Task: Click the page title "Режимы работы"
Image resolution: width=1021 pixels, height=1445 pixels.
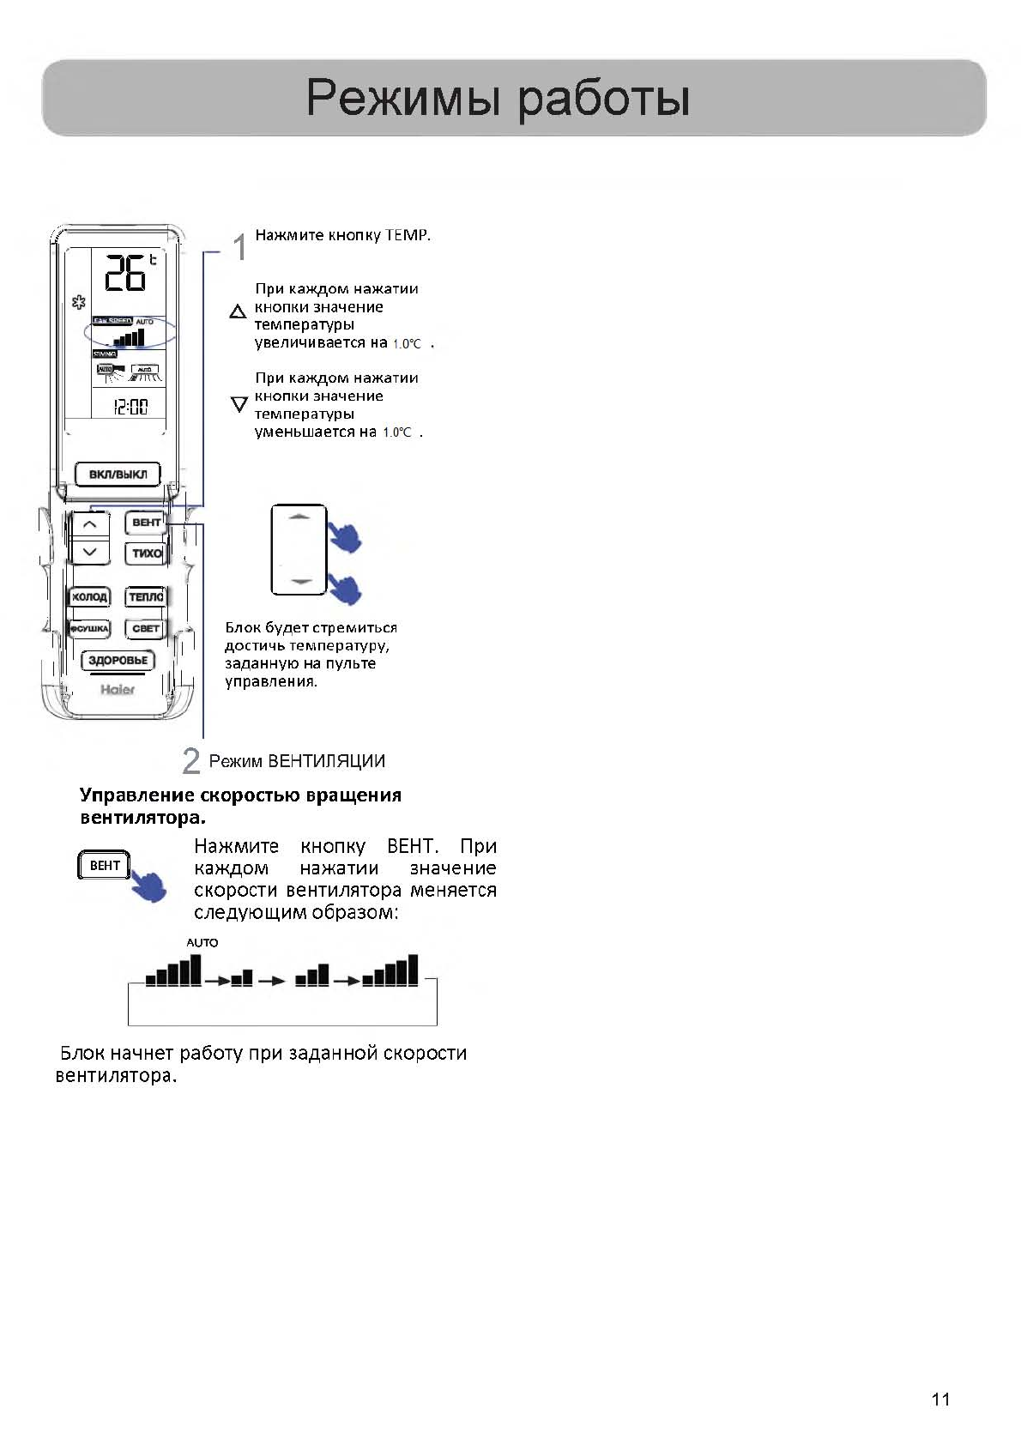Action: coord(498,98)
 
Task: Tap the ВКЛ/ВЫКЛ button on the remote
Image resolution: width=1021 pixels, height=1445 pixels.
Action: coord(118,475)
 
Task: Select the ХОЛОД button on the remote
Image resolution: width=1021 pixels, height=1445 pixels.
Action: coord(89,596)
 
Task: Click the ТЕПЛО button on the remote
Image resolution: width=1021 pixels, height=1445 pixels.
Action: coord(145,596)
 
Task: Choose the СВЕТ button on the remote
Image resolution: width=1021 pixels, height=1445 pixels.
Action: coord(145,628)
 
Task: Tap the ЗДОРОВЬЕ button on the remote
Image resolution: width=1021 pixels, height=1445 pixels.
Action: coord(118,660)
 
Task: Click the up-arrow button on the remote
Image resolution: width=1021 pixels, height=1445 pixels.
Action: coord(90,523)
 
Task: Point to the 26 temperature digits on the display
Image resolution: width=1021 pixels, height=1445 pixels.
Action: coord(125,273)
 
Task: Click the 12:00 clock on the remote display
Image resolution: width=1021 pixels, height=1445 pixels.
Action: coord(130,407)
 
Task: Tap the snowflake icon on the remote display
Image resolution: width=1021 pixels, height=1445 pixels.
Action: coord(79,302)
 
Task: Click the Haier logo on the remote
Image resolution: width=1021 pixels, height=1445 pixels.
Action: coord(118,689)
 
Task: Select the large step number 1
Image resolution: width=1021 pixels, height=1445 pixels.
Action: coord(240,247)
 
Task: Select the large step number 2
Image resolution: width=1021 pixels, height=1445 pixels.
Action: coord(191,761)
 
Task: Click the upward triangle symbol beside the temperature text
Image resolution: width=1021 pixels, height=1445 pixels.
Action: coord(239,312)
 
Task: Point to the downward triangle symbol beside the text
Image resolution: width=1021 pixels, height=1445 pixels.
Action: coord(239,403)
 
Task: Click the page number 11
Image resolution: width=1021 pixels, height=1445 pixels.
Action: coord(940,1400)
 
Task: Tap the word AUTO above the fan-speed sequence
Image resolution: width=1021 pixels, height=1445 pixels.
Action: coord(202,942)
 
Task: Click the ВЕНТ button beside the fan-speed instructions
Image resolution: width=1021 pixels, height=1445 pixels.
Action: coord(105,865)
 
